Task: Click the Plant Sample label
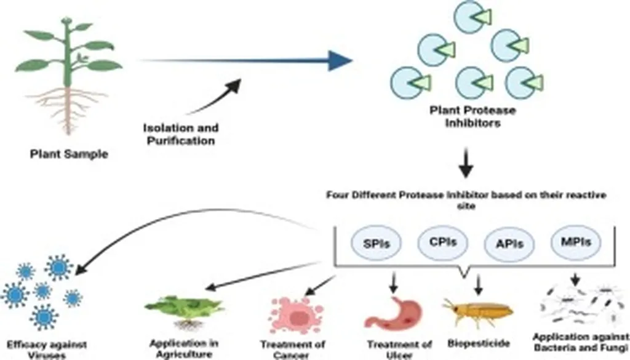[x=69, y=154]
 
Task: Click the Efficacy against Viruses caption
[x=47, y=348]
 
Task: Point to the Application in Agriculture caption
[x=183, y=348]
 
